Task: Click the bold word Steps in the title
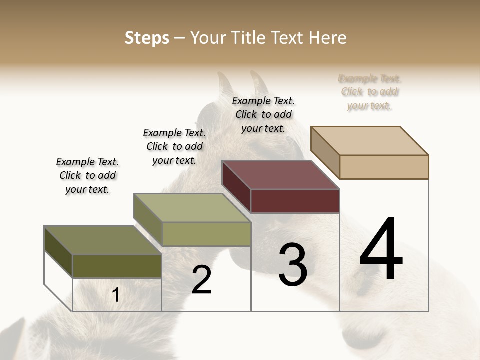click(147, 38)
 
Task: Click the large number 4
click(381, 250)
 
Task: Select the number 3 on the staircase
click(293, 265)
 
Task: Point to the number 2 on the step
click(202, 280)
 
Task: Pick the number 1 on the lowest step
click(116, 295)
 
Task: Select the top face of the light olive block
click(192, 208)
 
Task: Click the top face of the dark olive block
click(103, 240)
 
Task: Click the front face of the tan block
click(384, 167)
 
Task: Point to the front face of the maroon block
click(295, 201)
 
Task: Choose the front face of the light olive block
click(206, 234)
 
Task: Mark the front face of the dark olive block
click(117, 266)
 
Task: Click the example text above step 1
click(87, 175)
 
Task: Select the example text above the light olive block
click(174, 146)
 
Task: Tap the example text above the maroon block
click(263, 114)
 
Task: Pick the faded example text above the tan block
click(369, 92)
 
